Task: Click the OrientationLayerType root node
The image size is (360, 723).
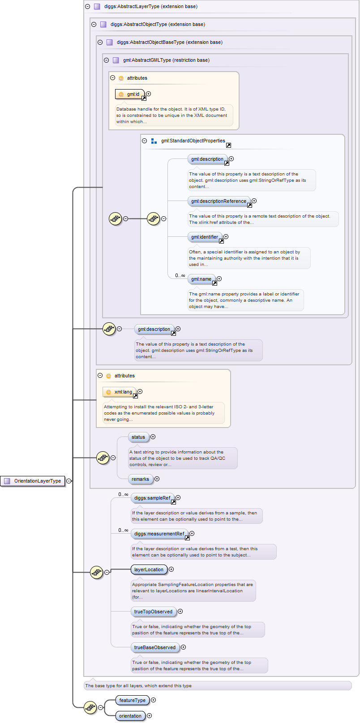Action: tap(33, 481)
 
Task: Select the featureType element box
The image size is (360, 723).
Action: tap(132, 700)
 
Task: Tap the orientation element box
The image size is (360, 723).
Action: tap(130, 716)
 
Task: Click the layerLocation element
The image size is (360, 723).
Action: tap(149, 569)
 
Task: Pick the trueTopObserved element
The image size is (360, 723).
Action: tap(153, 612)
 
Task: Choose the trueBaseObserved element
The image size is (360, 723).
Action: tap(155, 647)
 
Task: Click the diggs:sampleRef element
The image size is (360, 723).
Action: tap(152, 498)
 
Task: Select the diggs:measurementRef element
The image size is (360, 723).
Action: tap(159, 534)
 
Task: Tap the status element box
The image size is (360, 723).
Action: tap(138, 437)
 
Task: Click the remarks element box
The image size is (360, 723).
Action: tap(140, 479)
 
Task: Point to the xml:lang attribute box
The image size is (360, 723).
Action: tap(120, 392)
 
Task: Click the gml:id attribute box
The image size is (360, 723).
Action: tap(130, 94)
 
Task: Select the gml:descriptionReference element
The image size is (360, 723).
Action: tap(219, 201)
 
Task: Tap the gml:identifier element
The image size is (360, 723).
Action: tap(205, 237)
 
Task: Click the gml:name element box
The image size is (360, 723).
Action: tap(201, 279)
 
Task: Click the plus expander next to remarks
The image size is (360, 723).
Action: tap(157, 479)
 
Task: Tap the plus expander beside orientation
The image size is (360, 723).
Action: tap(150, 716)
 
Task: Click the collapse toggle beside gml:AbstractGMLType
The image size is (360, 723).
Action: tap(106, 60)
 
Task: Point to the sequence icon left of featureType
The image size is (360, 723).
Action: tap(90, 707)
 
